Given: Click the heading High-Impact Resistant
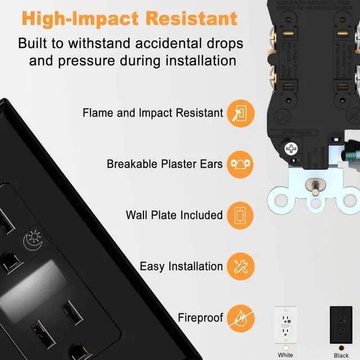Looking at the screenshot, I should click(129, 18).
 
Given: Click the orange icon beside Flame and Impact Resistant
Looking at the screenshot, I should click(241, 112).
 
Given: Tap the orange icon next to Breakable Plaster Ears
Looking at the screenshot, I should click(241, 164).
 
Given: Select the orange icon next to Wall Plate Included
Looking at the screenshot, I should click(241, 215).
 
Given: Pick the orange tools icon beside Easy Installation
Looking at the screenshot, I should click(241, 267).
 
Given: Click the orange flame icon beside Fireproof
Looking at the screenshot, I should click(241, 318).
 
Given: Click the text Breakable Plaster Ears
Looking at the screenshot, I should click(165, 164).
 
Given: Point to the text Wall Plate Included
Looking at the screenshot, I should click(174, 215).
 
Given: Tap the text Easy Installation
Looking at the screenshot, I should click(181, 267).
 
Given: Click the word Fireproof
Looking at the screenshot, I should click(200, 318).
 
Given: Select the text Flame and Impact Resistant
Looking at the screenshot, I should click(152, 112).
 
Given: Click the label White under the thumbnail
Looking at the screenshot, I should click(286, 355).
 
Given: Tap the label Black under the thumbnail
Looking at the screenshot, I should click(341, 355).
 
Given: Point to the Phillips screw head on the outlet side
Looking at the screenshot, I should click(292, 150).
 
